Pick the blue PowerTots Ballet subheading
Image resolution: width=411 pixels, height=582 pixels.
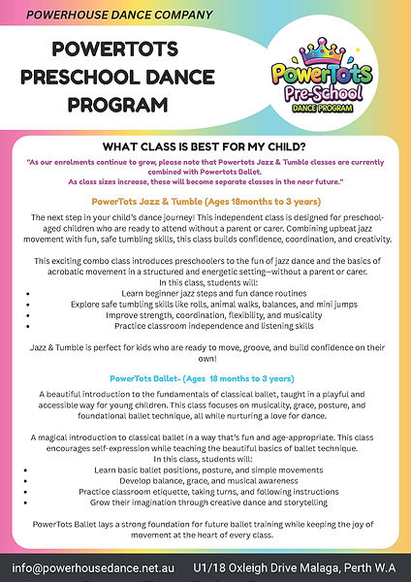(x=205, y=376)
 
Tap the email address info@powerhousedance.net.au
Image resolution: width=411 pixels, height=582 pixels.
(x=94, y=566)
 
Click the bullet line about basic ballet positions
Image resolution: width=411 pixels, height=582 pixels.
(x=205, y=469)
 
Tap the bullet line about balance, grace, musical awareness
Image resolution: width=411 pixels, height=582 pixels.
(x=205, y=479)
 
